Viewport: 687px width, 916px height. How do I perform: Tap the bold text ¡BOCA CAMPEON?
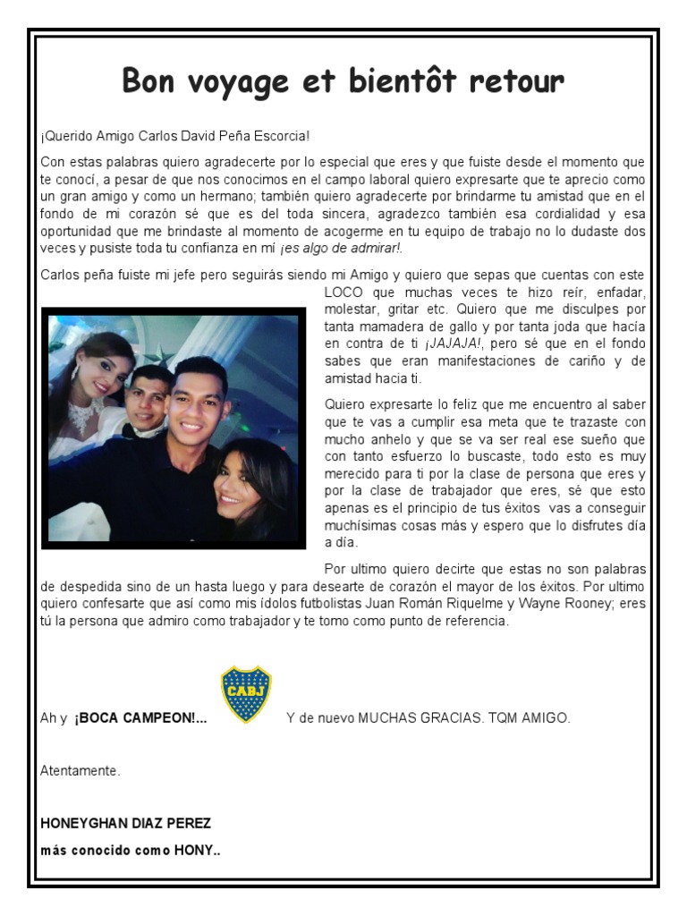pos(140,718)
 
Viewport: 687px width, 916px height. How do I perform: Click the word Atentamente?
pos(81,769)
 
